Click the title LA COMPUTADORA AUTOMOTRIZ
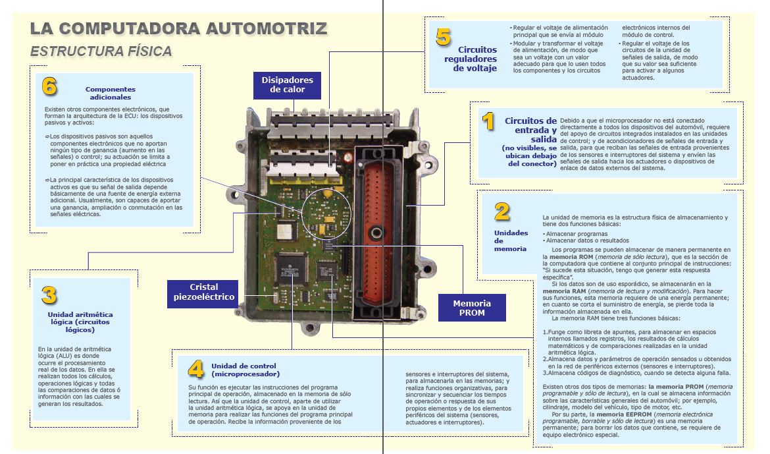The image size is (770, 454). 178,28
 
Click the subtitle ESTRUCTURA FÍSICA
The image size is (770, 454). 101,51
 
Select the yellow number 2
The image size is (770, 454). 502,211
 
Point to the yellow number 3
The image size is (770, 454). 49,295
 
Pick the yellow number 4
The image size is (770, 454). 195,368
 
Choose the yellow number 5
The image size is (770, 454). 444,37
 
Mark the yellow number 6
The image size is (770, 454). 49,86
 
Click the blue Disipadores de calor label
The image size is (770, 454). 288,85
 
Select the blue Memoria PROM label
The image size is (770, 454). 471,308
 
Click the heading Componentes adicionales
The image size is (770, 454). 111,93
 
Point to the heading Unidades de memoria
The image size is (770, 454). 511,241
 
